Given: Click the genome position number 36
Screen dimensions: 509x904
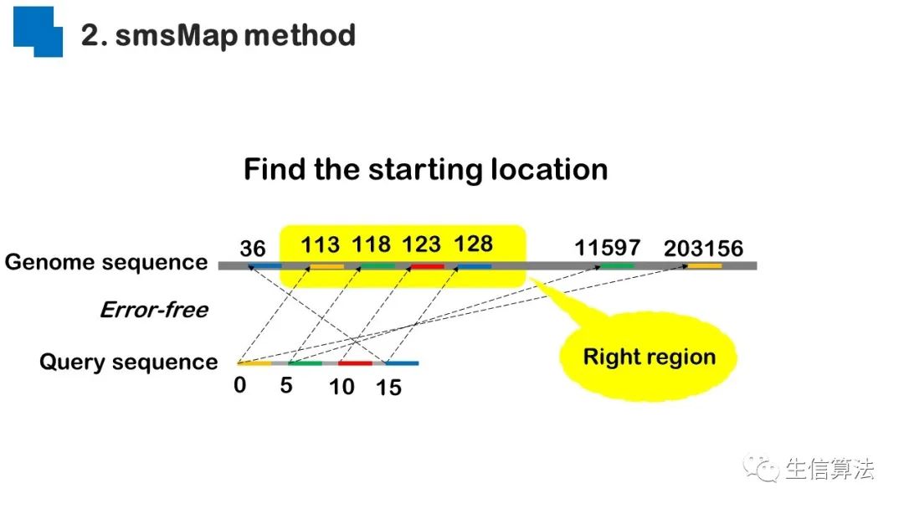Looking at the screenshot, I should tap(252, 249).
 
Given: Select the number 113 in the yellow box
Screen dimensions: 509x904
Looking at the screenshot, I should tap(321, 244).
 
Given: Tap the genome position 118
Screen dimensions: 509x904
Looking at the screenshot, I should tap(371, 244).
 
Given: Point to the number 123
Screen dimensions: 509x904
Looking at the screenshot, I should tap(421, 244).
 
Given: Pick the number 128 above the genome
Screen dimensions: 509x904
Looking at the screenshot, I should tap(473, 244).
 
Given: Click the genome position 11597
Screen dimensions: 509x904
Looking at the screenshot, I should tap(607, 248).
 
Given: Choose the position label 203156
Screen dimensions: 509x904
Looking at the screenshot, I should tap(703, 249).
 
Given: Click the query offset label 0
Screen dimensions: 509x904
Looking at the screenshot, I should tap(240, 386).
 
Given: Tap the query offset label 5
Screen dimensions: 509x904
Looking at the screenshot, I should tap(286, 386).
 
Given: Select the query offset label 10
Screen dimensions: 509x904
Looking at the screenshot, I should tap(342, 387).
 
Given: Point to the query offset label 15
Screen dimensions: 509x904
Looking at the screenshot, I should tap(388, 388).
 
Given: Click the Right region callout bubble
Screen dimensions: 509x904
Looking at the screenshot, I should tap(649, 357).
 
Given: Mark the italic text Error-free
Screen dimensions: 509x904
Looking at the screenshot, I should tap(154, 311).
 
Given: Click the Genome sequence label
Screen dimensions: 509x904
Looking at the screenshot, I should tap(106, 263).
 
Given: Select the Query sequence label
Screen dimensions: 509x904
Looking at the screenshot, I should tap(128, 362).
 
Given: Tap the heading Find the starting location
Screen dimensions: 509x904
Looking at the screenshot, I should tap(425, 170).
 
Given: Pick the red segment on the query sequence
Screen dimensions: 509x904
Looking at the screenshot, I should tap(355, 363).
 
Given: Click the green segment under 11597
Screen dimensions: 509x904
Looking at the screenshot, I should tap(617, 266).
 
